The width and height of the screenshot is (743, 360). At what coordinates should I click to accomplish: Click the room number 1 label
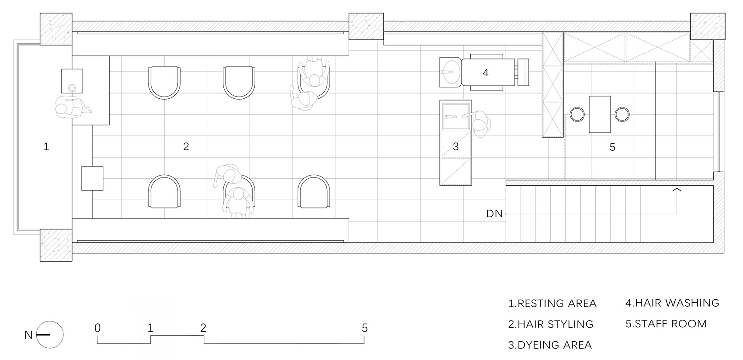click(46, 146)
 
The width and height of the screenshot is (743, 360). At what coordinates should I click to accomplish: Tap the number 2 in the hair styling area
click(186, 146)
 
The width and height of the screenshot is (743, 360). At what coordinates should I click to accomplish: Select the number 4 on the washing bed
click(486, 73)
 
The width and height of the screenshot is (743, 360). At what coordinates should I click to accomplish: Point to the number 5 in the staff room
click(612, 147)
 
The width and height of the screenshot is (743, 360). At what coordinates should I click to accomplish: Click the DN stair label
click(495, 214)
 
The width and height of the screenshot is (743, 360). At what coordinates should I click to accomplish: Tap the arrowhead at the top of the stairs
click(677, 190)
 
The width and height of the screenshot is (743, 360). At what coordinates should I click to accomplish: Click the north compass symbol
click(49, 335)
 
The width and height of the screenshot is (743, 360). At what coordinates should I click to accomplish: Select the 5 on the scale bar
click(365, 328)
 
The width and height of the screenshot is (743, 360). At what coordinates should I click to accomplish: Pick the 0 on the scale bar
click(97, 328)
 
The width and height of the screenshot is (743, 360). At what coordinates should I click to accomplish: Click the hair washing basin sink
click(450, 72)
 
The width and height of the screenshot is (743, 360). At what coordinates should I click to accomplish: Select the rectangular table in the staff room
click(600, 114)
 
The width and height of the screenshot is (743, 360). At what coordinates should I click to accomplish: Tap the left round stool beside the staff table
click(577, 114)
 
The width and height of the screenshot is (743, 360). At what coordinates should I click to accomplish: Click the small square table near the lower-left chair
click(92, 178)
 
